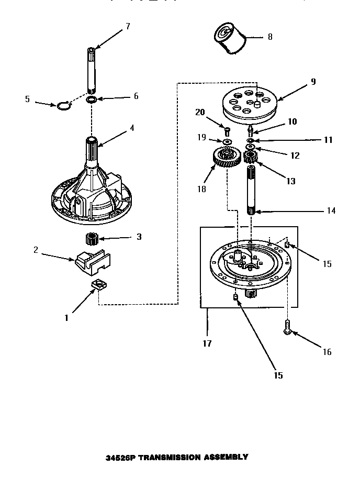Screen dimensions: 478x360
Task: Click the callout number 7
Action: [128, 26]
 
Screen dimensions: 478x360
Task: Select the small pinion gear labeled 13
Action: [251, 157]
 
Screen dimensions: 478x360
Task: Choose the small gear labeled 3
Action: [93, 240]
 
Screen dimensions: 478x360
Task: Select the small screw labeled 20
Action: [227, 129]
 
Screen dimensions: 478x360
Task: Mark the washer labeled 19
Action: [227, 142]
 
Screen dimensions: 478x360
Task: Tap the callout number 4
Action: [132, 127]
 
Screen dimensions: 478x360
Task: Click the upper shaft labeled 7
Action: [91, 68]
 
